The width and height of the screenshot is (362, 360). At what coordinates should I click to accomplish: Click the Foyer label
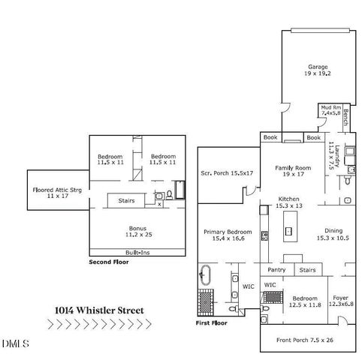pyautogui.click(x=342, y=298)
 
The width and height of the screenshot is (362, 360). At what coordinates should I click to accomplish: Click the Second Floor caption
pyautogui.click(x=109, y=262)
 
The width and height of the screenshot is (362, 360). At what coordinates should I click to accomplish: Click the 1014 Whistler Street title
pyautogui.click(x=98, y=308)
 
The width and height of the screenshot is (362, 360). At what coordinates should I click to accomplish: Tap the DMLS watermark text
pyautogui.click(x=14, y=345)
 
